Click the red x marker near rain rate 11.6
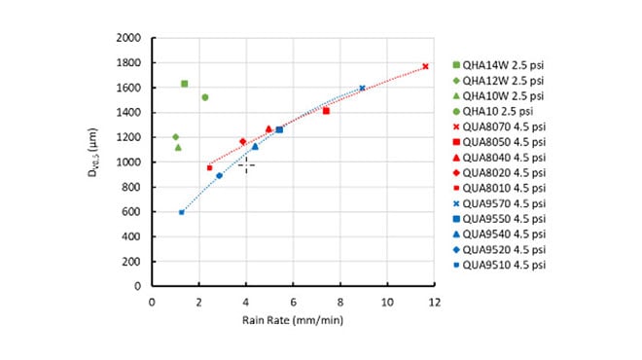[x=425, y=66]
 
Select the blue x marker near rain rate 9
[x=362, y=88]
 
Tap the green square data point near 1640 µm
[x=185, y=84]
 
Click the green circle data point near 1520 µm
[x=204, y=97]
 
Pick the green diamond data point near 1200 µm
[x=175, y=137]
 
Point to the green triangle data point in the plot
[x=178, y=147]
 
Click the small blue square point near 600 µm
[x=182, y=212]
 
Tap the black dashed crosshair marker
[x=246, y=165]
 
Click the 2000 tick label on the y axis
[x=129, y=38]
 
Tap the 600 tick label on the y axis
[x=132, y=212]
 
